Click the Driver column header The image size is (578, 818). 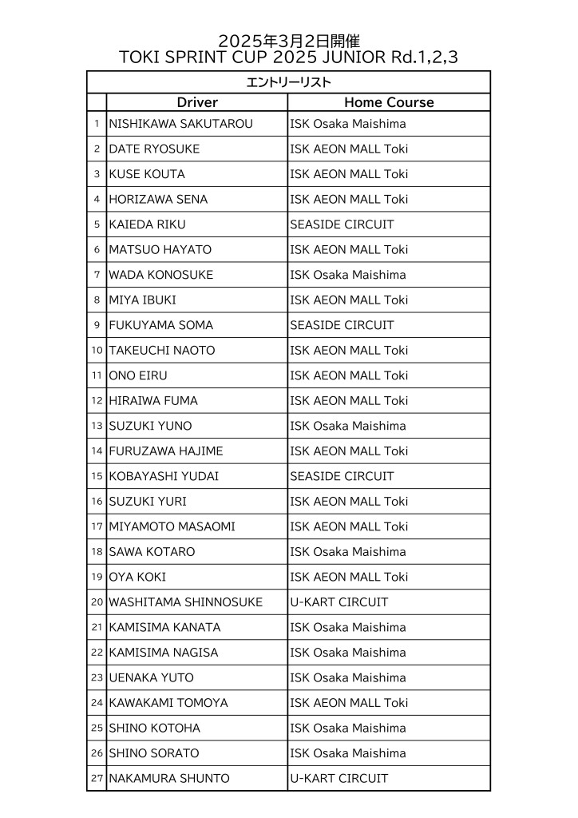point(196,102)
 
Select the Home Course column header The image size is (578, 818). point(389,102)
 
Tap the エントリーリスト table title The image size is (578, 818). point(288,82)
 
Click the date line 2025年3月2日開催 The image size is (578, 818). point(288,41)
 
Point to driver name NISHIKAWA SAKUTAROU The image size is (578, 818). point(180,124)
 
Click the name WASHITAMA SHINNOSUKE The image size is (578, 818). point(185,602)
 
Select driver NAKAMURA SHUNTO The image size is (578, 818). point(168,778)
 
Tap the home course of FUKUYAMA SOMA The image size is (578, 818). point(342,325)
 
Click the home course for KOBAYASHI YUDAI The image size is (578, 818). point(342,476)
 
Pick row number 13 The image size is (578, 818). point(97,426)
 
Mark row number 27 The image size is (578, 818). point(97,778)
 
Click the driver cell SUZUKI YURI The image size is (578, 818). point(147,502)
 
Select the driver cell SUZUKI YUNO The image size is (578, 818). point(150,426)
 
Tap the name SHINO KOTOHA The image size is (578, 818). point(154,728)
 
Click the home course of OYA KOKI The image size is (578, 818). point(349,577)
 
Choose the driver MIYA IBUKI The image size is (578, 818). point(142,300)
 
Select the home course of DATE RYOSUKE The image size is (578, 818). point(349,149)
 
